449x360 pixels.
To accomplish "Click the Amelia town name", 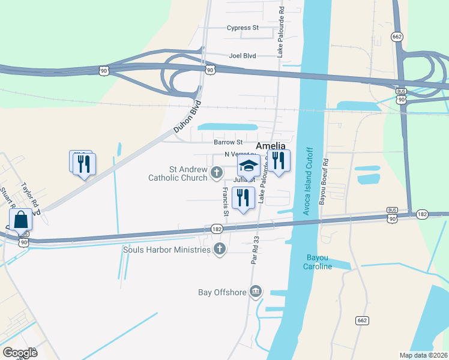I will coord(271,146).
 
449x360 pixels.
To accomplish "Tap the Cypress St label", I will coord(243,28).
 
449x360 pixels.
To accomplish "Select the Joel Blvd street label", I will coord(243,56).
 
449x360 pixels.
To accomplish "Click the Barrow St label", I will coord(228,143).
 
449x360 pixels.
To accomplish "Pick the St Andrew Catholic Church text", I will coord(179,174).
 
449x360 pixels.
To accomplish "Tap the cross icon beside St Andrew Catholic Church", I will coord(216,174).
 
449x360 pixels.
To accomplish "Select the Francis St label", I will coord(226,202).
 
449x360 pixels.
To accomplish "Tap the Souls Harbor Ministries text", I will coord(167,249).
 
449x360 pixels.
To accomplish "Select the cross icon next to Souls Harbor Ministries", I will coord(220,248).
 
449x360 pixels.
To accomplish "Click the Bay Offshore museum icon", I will coord(256,292).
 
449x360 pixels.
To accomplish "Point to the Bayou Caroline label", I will coord(318,262).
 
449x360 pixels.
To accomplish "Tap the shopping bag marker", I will coord(21,220).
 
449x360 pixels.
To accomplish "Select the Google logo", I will coord(20,353).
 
